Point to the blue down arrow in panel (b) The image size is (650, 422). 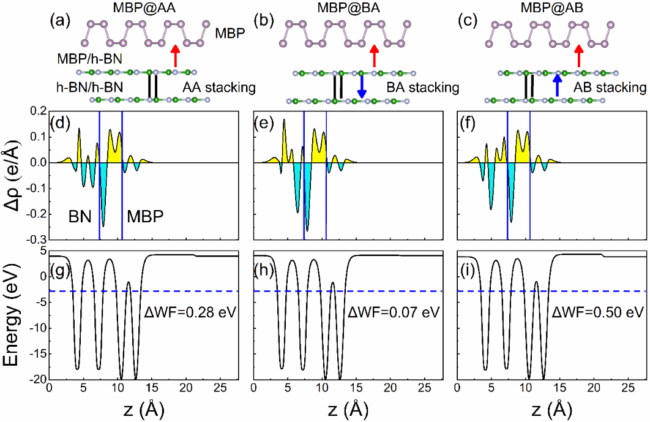[x=362, y=86]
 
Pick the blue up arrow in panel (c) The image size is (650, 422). [x=557, y=85]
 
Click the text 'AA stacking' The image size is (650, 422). [x=219, y=88]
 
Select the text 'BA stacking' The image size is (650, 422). [x=422, y=88]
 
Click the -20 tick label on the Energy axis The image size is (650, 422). [x=35, y=380]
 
